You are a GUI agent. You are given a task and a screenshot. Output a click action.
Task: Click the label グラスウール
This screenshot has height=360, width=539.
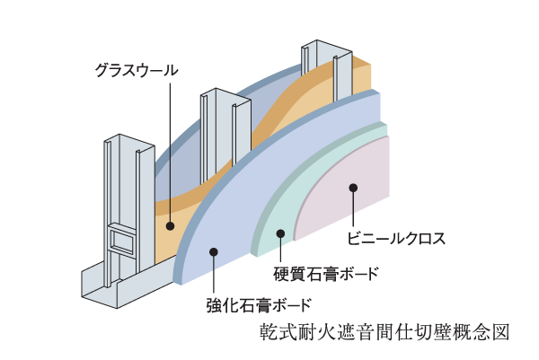click(137, 69)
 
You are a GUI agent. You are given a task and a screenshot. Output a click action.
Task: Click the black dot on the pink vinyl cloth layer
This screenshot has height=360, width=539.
click(354, 188)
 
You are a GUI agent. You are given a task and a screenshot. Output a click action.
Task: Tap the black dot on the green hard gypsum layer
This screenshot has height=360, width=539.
click(281, 233)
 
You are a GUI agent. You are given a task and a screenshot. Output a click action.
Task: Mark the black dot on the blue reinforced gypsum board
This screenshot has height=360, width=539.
click(213, 253)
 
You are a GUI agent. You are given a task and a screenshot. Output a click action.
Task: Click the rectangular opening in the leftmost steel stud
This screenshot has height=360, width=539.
click(119, 241)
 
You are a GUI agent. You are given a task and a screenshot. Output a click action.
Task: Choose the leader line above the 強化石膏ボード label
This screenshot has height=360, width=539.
click(213, 274)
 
